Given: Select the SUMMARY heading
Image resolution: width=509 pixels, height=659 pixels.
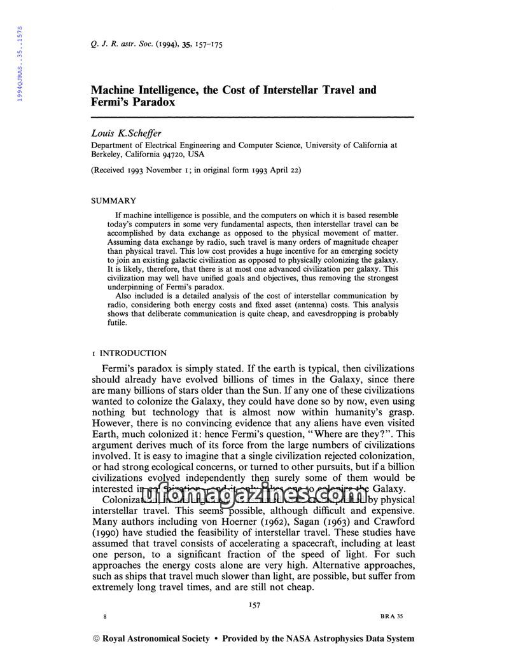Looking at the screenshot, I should click(x=114, y=200).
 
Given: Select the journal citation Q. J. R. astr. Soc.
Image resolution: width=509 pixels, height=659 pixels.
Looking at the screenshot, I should click(x=124, y=45).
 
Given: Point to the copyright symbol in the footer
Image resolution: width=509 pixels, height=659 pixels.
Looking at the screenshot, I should click(x=97, y=638).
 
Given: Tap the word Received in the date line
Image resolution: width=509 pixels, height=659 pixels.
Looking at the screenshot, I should click(x=113, y=170).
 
